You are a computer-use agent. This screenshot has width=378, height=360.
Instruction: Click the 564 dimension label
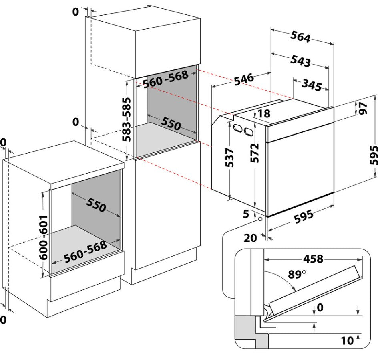point(300,37)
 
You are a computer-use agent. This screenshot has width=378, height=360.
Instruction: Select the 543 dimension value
point(300,61)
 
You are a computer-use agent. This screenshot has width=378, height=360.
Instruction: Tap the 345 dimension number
point(312,85)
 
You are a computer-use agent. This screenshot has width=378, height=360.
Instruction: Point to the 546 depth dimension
point(244,79)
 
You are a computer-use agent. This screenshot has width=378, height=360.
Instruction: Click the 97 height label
point(363,108)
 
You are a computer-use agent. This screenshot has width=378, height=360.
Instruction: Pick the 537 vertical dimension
point(229,158)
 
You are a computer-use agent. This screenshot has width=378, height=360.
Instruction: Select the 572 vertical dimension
point(255,153)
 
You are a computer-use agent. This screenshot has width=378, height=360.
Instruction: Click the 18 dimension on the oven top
point(264,113)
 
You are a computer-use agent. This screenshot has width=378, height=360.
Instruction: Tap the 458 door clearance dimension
point(313,259)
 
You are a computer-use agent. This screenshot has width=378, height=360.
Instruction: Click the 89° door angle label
point(297,274)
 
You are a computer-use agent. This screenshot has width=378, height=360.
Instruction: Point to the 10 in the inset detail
point(347,341)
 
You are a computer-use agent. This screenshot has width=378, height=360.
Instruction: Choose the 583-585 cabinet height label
point(126,119)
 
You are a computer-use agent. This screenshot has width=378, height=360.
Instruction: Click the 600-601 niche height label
point(44,237)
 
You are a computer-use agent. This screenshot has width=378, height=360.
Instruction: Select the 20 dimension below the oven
point(250,238)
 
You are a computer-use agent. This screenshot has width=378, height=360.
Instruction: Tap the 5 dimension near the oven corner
point(246,214)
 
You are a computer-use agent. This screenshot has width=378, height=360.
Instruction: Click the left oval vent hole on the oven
point(238,128)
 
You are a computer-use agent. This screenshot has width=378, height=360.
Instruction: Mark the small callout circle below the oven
point(260,219)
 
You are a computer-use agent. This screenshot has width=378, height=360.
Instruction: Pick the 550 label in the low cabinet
point(96,205)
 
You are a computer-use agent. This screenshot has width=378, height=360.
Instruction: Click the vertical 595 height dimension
point(374,155)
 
